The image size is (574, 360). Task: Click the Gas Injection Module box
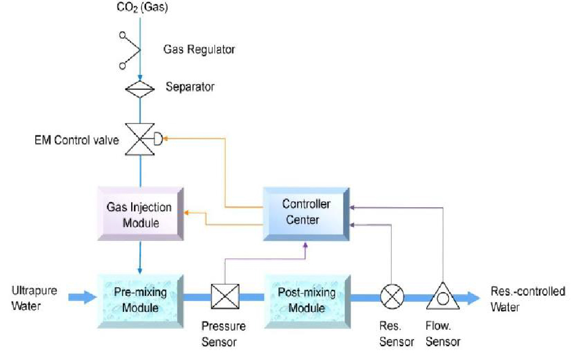coord(140,214)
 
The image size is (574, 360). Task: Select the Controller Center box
coord(305,212)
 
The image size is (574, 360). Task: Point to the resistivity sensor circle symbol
coord(391,298)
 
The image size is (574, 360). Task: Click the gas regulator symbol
coord(131,50)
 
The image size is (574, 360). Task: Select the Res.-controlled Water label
coord(528,299)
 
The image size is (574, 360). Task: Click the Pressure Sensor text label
coord(223,334)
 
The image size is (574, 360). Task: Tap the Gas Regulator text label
coord(199,50)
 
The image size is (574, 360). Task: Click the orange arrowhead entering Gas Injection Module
coord(187,212)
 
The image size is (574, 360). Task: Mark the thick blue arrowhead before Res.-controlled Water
coord(472,298)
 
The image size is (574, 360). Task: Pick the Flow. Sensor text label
coord(443,334)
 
